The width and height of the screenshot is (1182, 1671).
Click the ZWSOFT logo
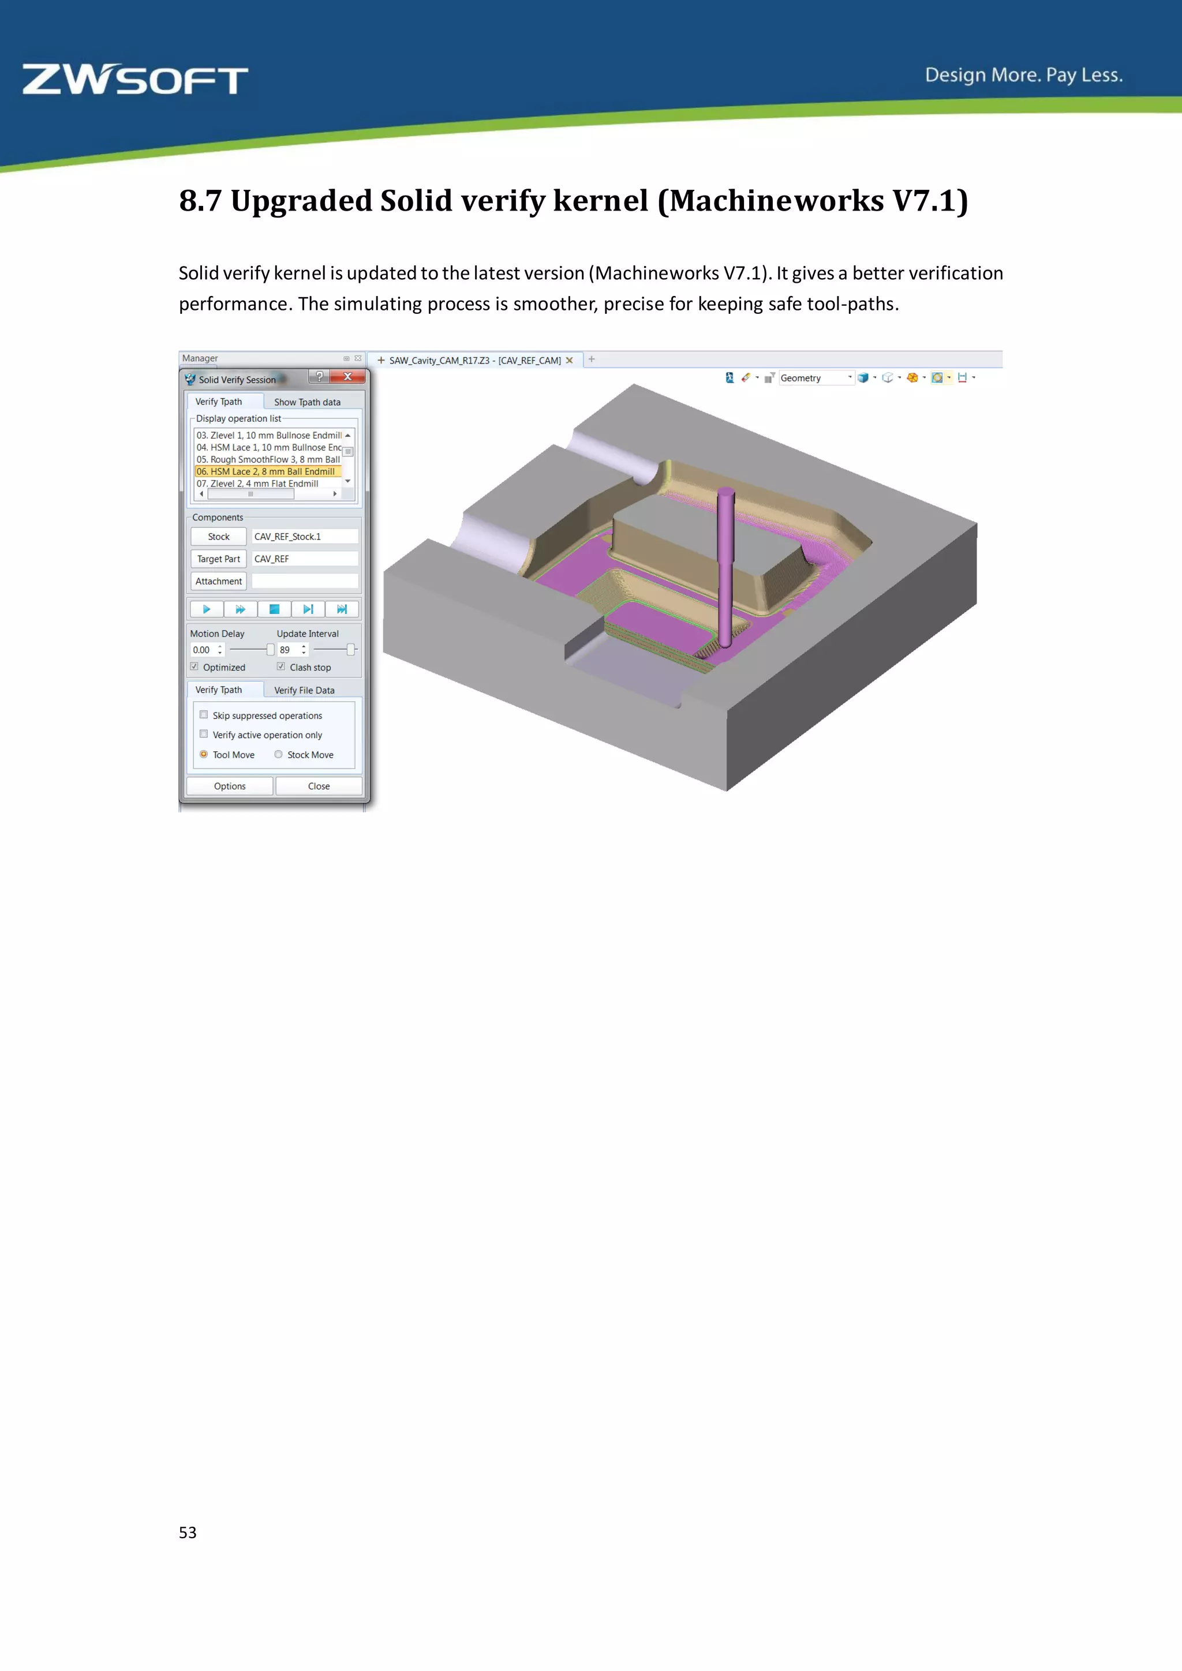pyautogui.click(x=136, y=80)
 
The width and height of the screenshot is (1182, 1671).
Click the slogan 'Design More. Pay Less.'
pyautogui.click(x=1023, y=75)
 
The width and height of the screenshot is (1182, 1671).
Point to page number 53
pyautogui.click(x=188, y=1532)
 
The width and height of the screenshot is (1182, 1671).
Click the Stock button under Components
pyautogui.click(x=218, y=537)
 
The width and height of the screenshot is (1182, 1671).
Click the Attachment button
pyautogui.click(x=218, y=582)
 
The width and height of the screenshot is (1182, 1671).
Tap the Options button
pyautogui.click(x=230, y=786)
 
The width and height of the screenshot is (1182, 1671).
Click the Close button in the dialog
pyautogui.click(x=319, y=786)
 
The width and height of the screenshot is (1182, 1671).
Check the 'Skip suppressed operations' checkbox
pyautogui.click(x=204, y=715)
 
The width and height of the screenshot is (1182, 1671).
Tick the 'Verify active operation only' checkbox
pyautogui.click(x=204, y=735)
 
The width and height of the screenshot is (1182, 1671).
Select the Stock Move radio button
pyautogui.click(x=279, y=755)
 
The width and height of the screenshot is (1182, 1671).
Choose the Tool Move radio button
pyautogui.click(x=204, y=755)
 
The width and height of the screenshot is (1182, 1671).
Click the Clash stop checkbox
pyautogui.click(x=281, y=666)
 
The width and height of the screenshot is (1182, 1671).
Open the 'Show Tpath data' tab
pyautogui.click(x=307, y=402)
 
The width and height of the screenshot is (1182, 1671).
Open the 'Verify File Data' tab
pyautogui.click(x=304, y=690)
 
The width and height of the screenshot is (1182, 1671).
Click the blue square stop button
pyautogui.click(x=274, y=609)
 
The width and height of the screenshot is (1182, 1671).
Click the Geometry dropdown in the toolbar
pyautogui.click(x=815, y=378)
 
